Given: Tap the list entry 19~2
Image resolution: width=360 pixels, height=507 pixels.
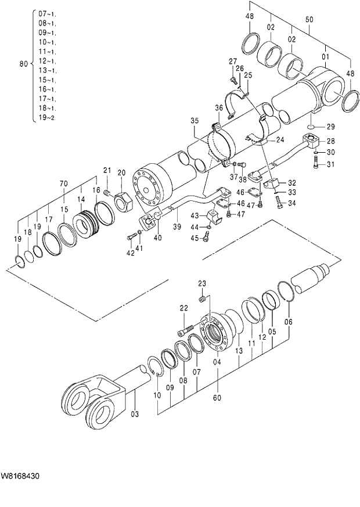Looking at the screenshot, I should click(47, 117).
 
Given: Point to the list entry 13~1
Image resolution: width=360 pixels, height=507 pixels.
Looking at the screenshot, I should click(47, 70).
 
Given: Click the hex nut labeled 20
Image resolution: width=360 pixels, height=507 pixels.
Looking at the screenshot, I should click(123, 202).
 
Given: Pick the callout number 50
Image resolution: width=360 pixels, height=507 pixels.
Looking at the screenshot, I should click(309, 20).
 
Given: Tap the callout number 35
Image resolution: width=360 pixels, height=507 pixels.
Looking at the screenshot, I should click(194, 121).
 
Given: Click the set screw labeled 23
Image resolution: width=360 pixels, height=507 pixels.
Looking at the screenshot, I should click(203, 299).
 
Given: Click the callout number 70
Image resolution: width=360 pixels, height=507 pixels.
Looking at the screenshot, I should click(64, 184).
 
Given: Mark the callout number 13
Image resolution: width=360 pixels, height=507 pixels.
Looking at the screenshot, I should click(239, 351).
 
